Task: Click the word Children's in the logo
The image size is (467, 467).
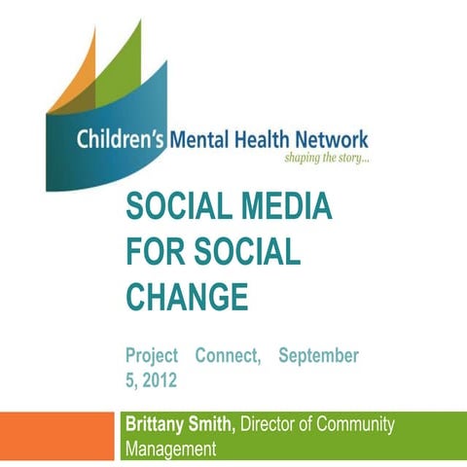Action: [x=121, y=140]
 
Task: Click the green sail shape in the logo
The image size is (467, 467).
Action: [x=122, y=63]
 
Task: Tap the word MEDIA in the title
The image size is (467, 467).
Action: [x=282, y=207]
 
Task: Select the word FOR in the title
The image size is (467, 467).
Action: [x=156, y=250]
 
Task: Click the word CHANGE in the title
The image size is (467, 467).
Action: [x=187, y=293]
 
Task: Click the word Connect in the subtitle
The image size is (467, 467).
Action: [x=228, y=356]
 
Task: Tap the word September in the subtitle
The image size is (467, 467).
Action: [x=318, y=356]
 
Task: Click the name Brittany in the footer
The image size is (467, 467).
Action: [x=161, y=424]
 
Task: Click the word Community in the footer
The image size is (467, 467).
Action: [x=359, y=424]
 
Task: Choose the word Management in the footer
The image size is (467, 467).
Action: [x=171, y=448]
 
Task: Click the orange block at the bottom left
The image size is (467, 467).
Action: [x=57, y=436]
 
